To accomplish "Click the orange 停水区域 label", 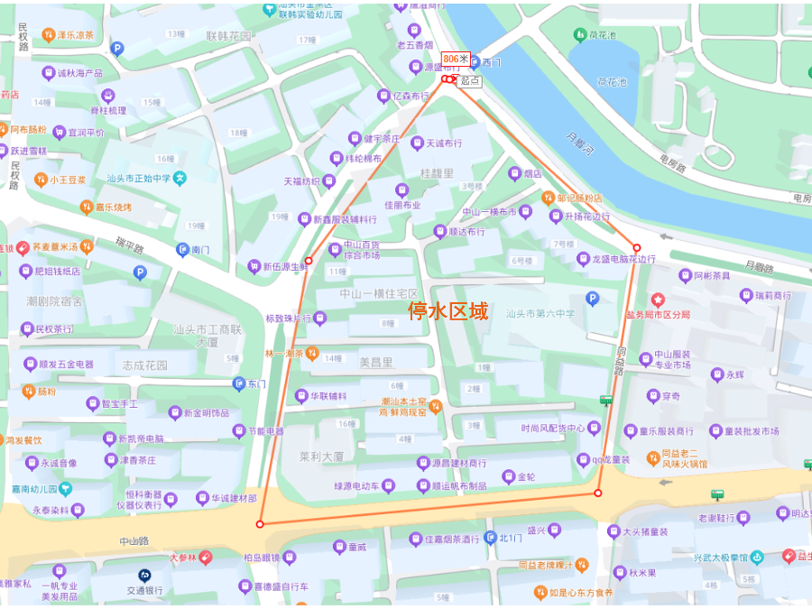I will pyautogui.click(x=448, y=311).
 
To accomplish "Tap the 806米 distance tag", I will pyautogui.click(x=457, y=60).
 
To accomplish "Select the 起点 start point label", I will pyautogui.click(x=469, y=80).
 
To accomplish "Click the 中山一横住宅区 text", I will pyautogui.click(x=379, y=294).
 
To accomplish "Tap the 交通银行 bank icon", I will pyautogui.click(x=144, y=575).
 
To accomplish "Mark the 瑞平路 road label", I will pyautogui.click(x=130, y=245).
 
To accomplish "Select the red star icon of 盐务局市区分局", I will pyautogui.click(x=658, y=299).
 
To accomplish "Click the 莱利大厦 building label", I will pyautogui.click(x=321, y=457).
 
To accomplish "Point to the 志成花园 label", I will pyautogui.click(x=144, y=365).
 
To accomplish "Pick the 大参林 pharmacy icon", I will pyautogui.click(x=206, y=558).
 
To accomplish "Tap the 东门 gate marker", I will pyautogui.click(x=239, y=383).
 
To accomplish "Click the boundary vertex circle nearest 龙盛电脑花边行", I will pyautogui.click(x=636, y=248).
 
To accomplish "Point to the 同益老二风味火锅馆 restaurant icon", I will pyautogui.click(x=653, y=458).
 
